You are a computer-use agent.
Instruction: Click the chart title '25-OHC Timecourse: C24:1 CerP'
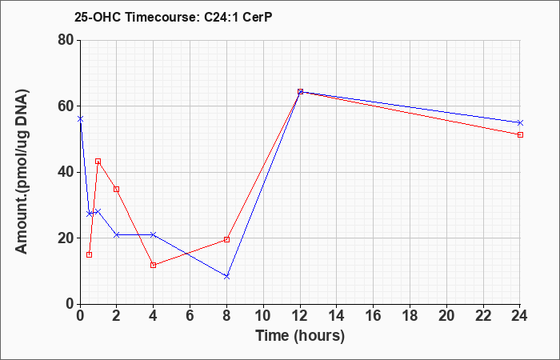pyautogui.click(x=174, y=17)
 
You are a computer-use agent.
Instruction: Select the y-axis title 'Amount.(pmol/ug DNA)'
pyautogui.click(x=22, y=172)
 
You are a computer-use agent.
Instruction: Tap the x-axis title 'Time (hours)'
pyautogui.click(x=300, y=336)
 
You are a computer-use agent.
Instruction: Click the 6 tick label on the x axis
pyautogui.click(x=190, y=316)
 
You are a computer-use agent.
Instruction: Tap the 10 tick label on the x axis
pyautogui.click(x=263, y=316)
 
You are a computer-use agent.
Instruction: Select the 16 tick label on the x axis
pyautogui.click(x=374, y=316)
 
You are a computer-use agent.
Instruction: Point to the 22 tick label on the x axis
pyautogui.click(x=483, y=316)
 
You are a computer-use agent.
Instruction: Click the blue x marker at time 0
pyautogui.click(x=80, y=119)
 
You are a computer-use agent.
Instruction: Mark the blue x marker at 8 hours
pyautogui.click(x=226, y=277)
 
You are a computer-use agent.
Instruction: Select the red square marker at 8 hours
pyautogui.click(x=226, y=239)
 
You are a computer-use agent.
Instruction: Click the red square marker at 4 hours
pyautogui.click(x=154, y=265)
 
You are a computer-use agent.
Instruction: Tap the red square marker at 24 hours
pyautogui.click(x=520, y=134)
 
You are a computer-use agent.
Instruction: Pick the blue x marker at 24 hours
pyautogui.click(x=520, y=123)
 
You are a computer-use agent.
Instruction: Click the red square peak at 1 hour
pyautogui.click(x=98, y=162)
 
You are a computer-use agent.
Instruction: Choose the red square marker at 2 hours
pyautogui.click(x=117, y=189)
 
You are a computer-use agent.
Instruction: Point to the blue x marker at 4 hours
pyautogui.click(x=154, y=234)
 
